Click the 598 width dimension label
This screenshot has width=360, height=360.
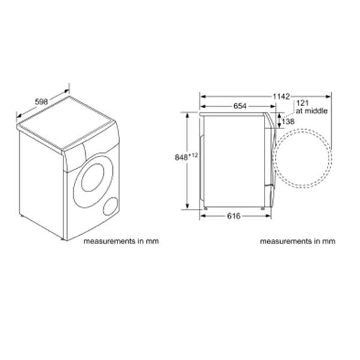41,101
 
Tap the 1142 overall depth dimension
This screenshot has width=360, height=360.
281,97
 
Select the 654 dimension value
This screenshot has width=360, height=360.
239,106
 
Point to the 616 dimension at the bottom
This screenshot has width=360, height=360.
233,216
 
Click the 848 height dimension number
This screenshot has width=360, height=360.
181,157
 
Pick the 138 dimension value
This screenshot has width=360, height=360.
288,121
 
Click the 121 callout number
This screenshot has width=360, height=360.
302,103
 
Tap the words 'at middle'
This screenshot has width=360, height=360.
311,111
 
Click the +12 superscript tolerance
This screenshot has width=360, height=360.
193,155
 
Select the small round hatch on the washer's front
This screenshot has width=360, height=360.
110,206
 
